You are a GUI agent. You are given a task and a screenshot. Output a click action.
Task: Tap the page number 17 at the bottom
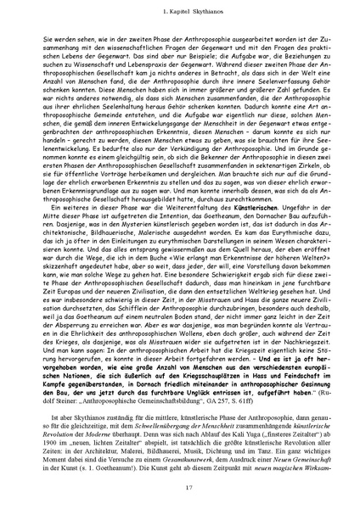(x=180, y=486)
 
